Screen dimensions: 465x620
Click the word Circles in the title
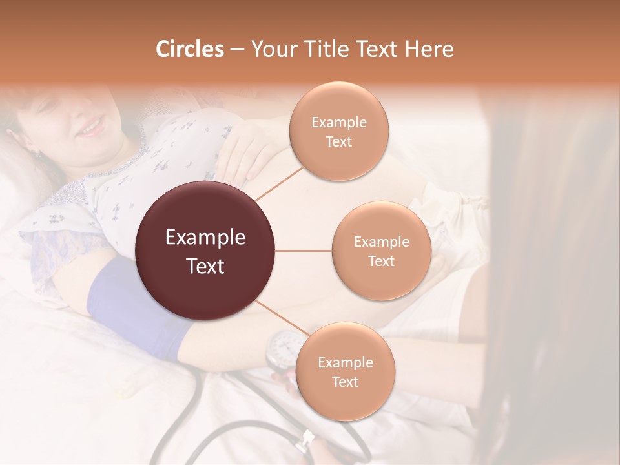189,49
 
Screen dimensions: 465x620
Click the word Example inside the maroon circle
205,238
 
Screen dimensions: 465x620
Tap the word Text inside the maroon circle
205,266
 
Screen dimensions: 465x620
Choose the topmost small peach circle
339,131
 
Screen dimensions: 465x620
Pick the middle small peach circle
381,251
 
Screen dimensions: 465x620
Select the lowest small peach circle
345,371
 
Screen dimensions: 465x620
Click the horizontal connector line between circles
304,251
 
